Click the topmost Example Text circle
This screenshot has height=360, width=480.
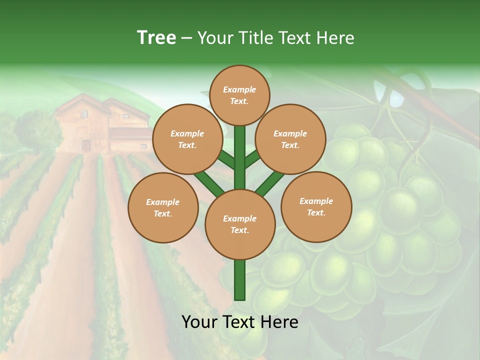(239, 95)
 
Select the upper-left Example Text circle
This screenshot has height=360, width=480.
(187, 139)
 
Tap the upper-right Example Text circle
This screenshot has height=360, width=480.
(290, 139)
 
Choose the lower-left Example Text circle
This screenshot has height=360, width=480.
(163, 207)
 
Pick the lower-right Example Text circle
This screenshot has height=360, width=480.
(316, 206)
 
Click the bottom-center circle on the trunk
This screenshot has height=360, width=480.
(240, 224)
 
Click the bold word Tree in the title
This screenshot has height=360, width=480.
(156, 37)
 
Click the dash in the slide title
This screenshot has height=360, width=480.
(186, 38)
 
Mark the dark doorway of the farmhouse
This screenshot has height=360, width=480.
(86, 145)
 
